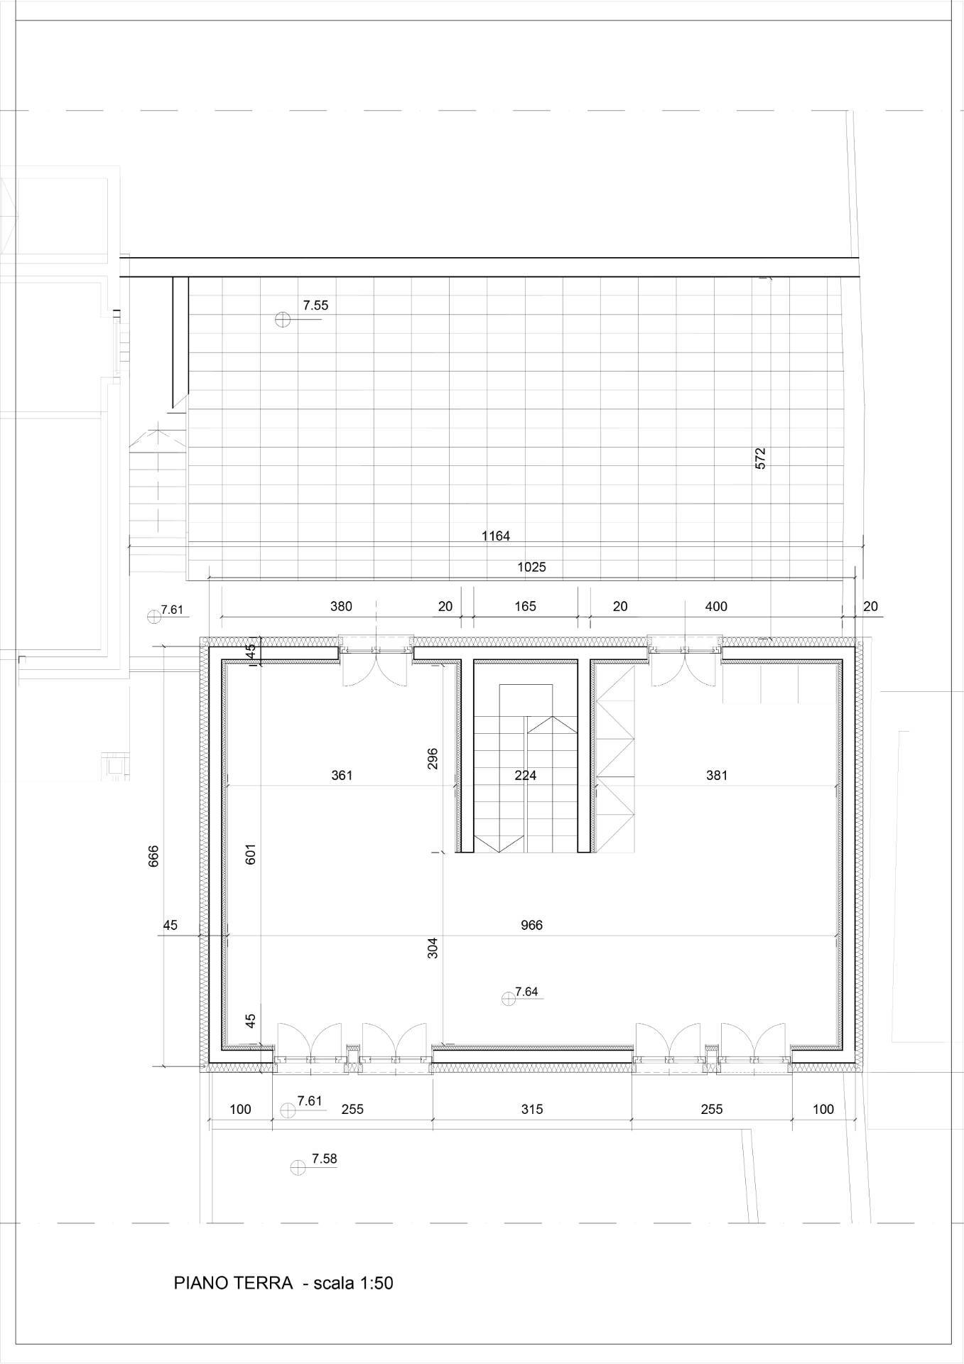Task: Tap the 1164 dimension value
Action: tap(495, 536)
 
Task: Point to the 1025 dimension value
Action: tap(531, 567)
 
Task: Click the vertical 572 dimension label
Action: tap(760, 458)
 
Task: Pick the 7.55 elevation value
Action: tap(315, 306)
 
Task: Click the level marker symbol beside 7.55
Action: tap(282, 320)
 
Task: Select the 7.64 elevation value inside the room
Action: tap(526, 992)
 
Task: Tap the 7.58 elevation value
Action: tap(324, 1159)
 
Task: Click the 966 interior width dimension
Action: tap(531, 925)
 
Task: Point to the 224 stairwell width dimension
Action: tap(525, 775)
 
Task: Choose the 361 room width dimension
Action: tap(342, 775)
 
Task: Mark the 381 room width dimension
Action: tap(716, 775)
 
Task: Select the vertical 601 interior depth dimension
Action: tap(250, 854)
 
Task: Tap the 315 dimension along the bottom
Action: tap(531, 1109)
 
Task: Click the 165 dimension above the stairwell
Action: tap(525, 606)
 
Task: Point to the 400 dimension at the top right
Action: tap(716, 606)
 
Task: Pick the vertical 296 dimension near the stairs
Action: tap(433, 758)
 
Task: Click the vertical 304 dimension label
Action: tap(433, 948)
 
